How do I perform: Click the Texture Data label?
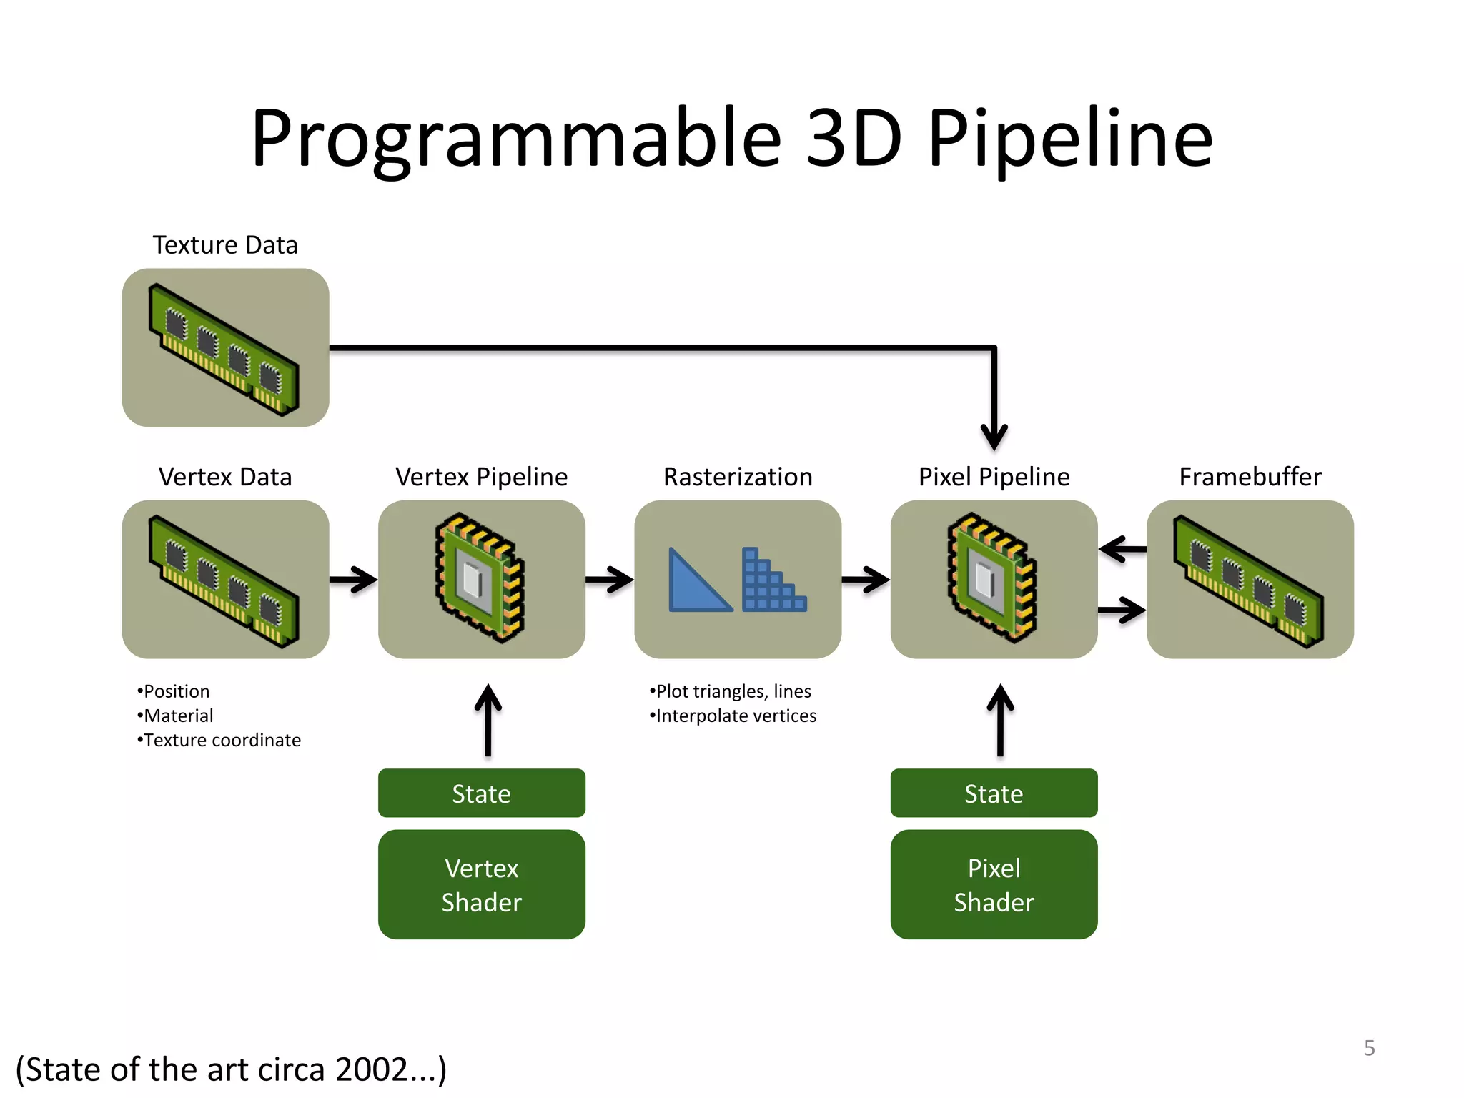tap(225, 245)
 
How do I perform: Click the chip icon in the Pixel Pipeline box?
tap(993, 578)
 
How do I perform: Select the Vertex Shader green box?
tap(481, 884)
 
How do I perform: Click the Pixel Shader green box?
tap(994, 884)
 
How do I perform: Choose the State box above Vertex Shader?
tap(481, 793)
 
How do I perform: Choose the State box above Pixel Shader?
tap(994, 793)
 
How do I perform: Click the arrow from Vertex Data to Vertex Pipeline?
tap(354, 580)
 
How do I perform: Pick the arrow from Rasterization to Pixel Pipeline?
tap(866, 580)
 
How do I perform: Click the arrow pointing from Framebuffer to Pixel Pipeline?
tap(1122, 549)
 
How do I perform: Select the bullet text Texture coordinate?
tap(222, 740)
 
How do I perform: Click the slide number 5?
tap(1369, 1048)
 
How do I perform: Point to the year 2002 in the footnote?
tap(372, 1070)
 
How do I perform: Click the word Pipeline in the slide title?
tap(1070, 139)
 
